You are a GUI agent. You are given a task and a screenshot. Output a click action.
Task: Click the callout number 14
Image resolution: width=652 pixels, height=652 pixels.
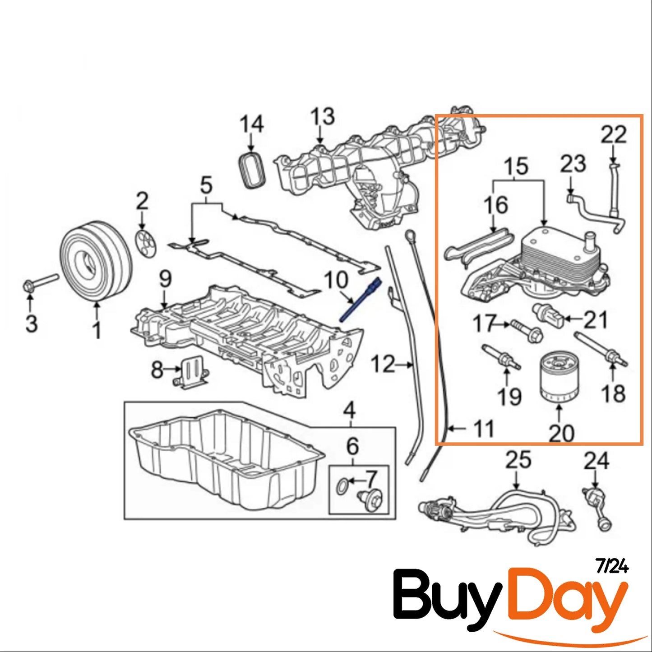pos(251,124)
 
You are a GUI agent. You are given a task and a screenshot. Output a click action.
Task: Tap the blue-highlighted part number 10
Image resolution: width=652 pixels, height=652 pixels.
pos(361,301)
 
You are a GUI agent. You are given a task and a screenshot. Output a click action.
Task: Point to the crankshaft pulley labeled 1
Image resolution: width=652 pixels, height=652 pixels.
pos(96,260)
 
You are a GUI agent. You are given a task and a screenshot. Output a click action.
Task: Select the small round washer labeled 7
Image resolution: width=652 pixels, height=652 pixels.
pos(343,486)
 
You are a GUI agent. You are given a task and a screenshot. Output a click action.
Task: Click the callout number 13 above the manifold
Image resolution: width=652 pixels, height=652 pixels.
pos(322,116)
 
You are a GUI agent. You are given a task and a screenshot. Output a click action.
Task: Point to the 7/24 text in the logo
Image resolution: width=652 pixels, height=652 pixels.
pos(612,566)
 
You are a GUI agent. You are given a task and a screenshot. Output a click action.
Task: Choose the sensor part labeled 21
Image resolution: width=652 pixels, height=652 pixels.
pos(548,315)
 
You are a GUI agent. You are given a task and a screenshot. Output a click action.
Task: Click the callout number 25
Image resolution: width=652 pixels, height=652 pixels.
pos(518,460)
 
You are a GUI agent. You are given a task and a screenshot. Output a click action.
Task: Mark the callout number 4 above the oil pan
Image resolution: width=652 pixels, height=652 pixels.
pos(349,410)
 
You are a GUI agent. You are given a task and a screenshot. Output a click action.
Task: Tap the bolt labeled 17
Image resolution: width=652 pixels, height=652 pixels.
pos(526,330)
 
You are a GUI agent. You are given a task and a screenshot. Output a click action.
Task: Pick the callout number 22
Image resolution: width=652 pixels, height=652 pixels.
pos(613,135)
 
